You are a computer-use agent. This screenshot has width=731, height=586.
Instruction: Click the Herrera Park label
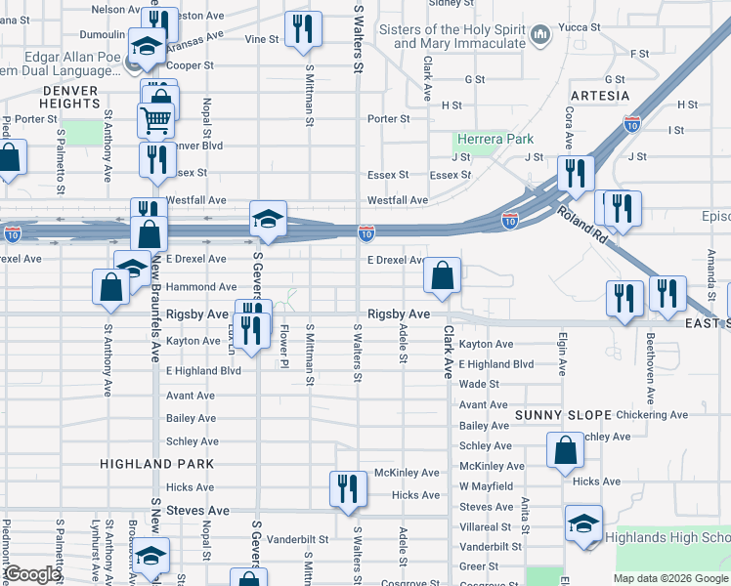tap(494, 140)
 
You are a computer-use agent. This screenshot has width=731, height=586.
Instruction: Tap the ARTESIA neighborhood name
tap(599, 96)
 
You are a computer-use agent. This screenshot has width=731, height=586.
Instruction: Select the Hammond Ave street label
tap(201, 287)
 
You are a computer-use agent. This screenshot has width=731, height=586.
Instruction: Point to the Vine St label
tap(262, 39)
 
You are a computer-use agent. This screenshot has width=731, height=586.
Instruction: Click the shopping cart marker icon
tap(156, 121)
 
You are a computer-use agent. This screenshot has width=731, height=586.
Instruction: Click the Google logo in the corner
tap(32, 574)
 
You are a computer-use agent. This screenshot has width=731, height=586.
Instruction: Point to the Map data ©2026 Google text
tap(670, 578)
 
